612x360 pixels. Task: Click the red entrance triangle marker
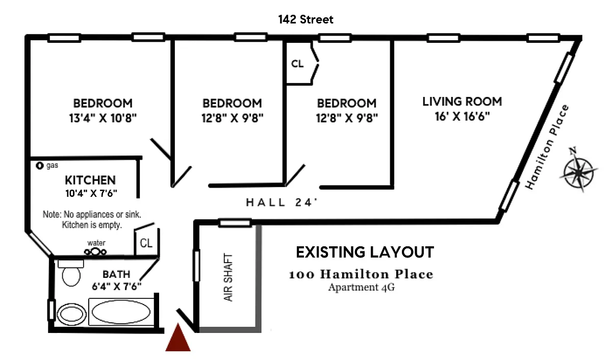click(178, 338)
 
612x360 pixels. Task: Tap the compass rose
click(579, 171)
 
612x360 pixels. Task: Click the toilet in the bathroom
click(71, 273)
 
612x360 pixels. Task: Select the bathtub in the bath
click(121, 312)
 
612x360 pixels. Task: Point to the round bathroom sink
click(71, 314)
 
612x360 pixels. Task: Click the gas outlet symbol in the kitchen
click(40, 166)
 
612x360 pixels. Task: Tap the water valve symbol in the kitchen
click(95, 251)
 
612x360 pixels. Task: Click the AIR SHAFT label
click(228, 277)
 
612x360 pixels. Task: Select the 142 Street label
click(305, 19)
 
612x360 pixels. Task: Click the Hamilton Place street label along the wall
click(547, 147)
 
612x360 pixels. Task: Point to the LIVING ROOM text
click(462, 101)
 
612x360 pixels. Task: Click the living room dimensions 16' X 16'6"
click(462, 116)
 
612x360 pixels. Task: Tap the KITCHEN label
click(90, 181)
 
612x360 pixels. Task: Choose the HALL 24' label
click(282, 202)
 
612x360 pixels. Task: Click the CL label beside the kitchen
click(146, 243)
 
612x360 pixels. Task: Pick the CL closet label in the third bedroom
click(297, 64)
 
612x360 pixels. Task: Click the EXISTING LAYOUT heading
click(365, 252)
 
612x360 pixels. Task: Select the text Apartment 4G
click(362, 288)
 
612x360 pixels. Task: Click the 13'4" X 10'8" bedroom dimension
click(103, 118)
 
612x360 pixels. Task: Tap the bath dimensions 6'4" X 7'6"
click(117, 287)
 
